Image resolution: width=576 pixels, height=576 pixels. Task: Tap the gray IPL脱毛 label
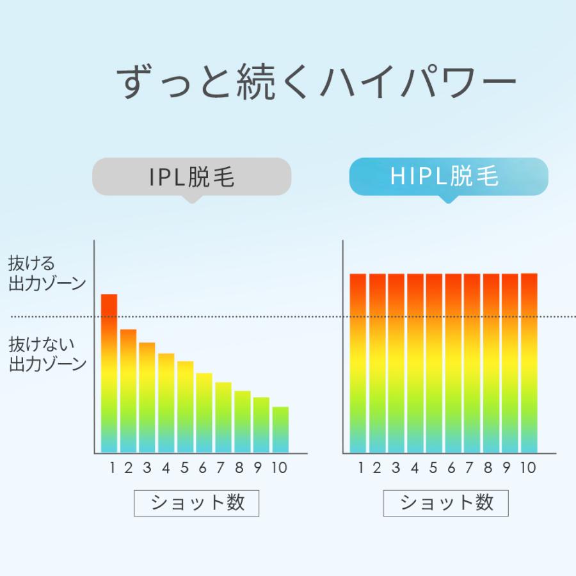pyautogui.click(x=192, y=177)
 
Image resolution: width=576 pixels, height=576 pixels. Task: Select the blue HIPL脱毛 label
pyautogui.click(x=448, y=176)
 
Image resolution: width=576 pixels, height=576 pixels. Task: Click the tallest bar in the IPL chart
pyautogui.click(x=109, y=374)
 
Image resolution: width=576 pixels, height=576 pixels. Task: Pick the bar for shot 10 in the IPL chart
pyautogui.click(x=280, y=429)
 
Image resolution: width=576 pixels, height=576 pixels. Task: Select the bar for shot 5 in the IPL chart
pyautogui.click(x=186, y=407)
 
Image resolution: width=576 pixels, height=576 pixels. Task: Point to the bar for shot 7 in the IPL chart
pyautogui.click(x=223, y=417)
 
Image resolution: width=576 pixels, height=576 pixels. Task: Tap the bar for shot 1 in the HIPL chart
pyautogui.click(x=358, y=363)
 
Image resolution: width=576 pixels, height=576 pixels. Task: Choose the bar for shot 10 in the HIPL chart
pyautogui.click(x=529, y=363)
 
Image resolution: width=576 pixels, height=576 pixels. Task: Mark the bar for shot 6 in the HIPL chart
pyautogui.click(x=453, y=363)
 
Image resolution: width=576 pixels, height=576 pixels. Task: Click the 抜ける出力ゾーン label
pyautogui.click(x=47, y=274)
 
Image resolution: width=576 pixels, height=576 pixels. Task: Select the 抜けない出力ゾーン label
pyautogui.click(x=47, y=355)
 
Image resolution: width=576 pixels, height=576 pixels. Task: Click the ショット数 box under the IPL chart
pyautogui.click(x=196, y=503)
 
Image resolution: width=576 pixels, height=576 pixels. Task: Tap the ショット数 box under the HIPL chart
pyautogui.click(x=446, y=503)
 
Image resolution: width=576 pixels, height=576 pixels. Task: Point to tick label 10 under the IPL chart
pyautogui.click(x=279, y=468)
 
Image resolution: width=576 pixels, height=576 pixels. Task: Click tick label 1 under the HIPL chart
pyautogui.click(x=361, y=468)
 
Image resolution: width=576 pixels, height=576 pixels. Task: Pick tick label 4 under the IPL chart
pyautogui.click(x=166, y=468)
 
